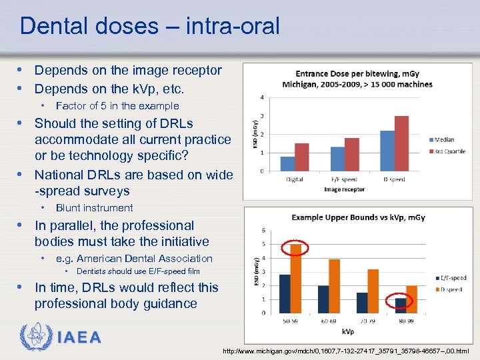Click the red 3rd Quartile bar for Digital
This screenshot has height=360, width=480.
pos(302,157)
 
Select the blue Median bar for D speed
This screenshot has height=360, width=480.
pos(387,151)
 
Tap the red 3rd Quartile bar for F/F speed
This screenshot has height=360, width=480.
pos(351,155)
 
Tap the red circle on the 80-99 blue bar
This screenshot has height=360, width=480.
pos(400,301)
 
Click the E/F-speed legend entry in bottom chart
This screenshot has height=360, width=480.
pos(451,278)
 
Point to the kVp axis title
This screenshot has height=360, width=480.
pos(348,331)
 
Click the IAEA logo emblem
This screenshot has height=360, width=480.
pos(33,337)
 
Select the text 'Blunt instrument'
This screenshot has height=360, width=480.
pos(94,208)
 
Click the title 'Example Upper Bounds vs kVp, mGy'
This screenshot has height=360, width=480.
pos(359,217)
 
